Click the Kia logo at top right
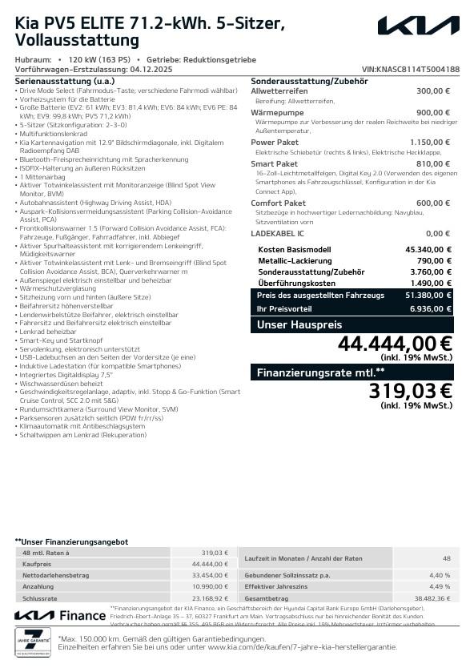pyautogui.click(x=419, y=27)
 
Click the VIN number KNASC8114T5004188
pyautogui.click(x=411, y=70)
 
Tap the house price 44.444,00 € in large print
pyautogui.click(x=395, y=344)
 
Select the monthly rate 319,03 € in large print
pyautogui.click(x=410, y=391)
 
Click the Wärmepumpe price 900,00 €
pyautogui.click(x=433, y=113)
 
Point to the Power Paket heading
pyautogui.click(x=275, y=142)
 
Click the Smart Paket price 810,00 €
pyautogui.click(x=433, y=164)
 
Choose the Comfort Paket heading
pyautogui.click(x=278, y=203)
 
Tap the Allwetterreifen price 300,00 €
pyautogui.click(x=433, y=91)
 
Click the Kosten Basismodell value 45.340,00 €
pyautogui.click(x=428, y=249)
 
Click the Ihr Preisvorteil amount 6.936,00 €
pyautogui.click(x=431, y=308)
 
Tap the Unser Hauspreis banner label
pyautogui.click(x=299, y=324)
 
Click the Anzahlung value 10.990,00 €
pyautogui.click(x=211, y=586)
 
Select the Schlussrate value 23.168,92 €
pyautogui.click(x=211, y=598)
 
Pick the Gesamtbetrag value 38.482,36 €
pyautogui.click(x=432, y=598)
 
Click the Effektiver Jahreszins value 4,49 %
pyautogui.click(x=440, y=586)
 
